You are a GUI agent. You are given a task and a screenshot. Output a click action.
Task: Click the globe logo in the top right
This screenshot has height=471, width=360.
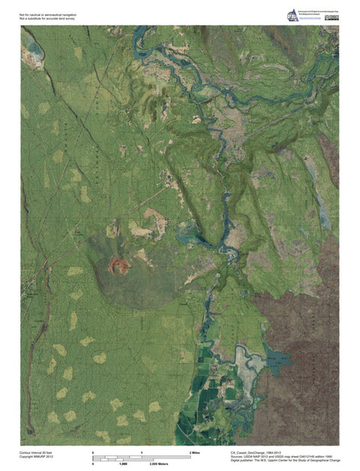coord(292,14)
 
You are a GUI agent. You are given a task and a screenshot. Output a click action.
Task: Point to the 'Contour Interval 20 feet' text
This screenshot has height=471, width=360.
coord(37,452)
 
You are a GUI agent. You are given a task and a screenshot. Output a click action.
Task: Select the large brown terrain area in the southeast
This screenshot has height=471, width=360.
coord(300,322)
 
